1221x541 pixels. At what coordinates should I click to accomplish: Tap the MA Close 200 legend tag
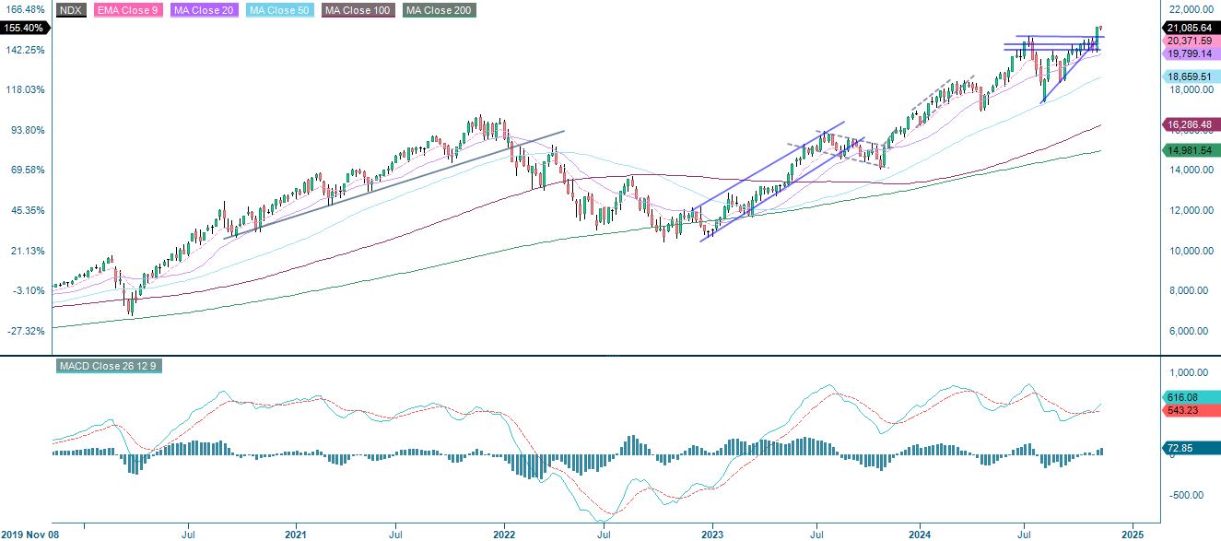coord(440,11)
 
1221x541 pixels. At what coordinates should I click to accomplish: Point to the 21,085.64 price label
coord(1188,28)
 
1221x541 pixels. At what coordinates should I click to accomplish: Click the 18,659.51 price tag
coord(1188,76)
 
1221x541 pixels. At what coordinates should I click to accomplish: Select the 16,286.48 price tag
coord(1188,123)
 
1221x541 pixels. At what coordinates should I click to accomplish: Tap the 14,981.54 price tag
coord(1188,150)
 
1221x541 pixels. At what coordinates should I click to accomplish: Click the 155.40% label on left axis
coord(23,29)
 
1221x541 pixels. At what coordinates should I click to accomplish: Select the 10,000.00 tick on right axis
coord(1189,251)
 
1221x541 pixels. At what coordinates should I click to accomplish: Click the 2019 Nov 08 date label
coord(29,533)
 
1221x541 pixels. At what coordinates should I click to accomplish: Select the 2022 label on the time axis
coord(504,533)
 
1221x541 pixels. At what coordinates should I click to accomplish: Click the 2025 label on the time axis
coord(1133,533)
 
